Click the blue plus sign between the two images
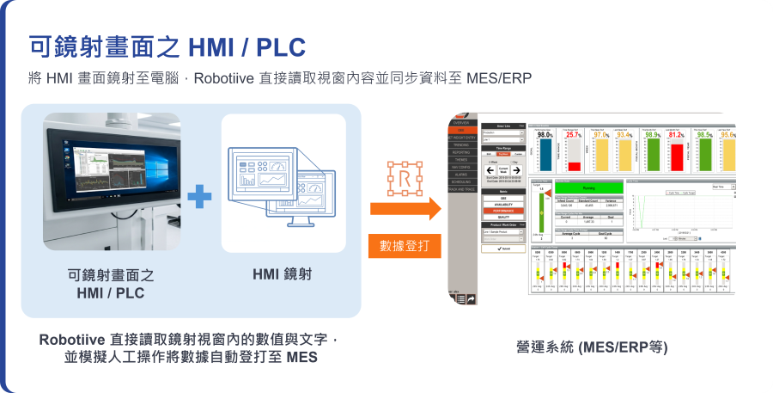pyautogui.click(x=199, y=196)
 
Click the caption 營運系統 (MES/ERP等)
pyautogui.click(x=591, y=347)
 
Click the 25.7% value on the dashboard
pyautogui.click(x=573, y=135)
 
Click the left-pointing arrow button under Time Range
pyautogui.click(x=490, y=169)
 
